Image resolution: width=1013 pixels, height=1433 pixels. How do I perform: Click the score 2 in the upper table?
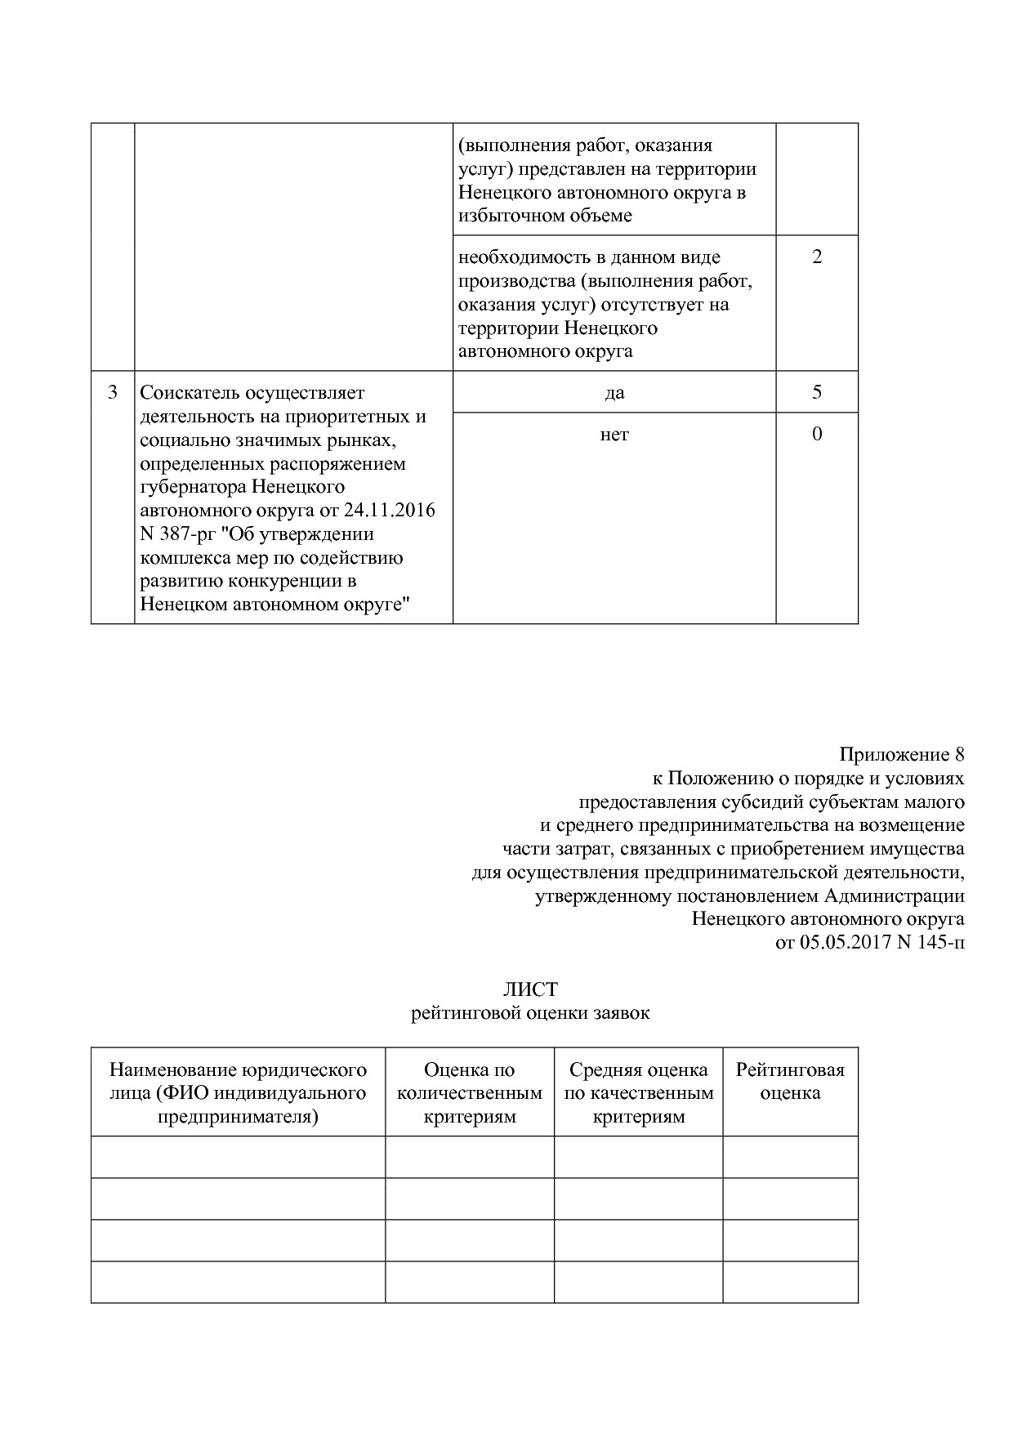coord(816,257)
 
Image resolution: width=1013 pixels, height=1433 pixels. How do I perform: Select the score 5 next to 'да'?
coord(816,392)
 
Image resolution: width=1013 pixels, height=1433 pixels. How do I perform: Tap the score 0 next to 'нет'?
coord(816,434)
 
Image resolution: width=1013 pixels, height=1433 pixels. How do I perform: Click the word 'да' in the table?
coord(614,393)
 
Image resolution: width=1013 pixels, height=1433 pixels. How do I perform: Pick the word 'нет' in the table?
coord(614,435)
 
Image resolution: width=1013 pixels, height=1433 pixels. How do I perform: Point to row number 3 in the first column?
coord(113,392)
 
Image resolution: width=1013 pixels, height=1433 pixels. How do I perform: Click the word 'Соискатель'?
coord(190,393)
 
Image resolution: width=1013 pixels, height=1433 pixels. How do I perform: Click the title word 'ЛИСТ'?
coord(530,989)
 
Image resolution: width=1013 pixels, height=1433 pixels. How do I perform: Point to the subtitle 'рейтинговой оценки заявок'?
coord(530,1014)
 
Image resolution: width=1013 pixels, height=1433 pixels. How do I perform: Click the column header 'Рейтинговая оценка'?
coord(790,1082)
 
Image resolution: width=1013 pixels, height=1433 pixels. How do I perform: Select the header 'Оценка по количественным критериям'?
coord(470,1093)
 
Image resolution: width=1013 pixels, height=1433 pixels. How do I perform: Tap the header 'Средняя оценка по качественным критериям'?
coord(638,1093)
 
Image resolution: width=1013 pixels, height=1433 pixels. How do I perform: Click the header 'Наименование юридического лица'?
coord(238,1081)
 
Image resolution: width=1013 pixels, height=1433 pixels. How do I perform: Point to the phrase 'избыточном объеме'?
coord(545,217)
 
